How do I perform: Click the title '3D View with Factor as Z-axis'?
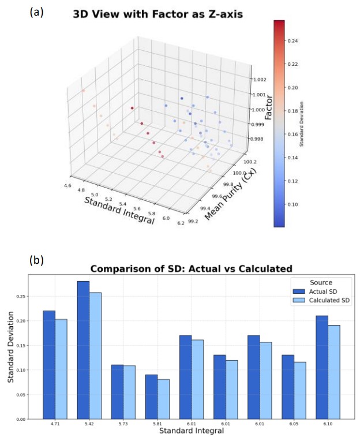pos(157,14)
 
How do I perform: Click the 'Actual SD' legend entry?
pos(312,292)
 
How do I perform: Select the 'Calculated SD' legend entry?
pos(316,301)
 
